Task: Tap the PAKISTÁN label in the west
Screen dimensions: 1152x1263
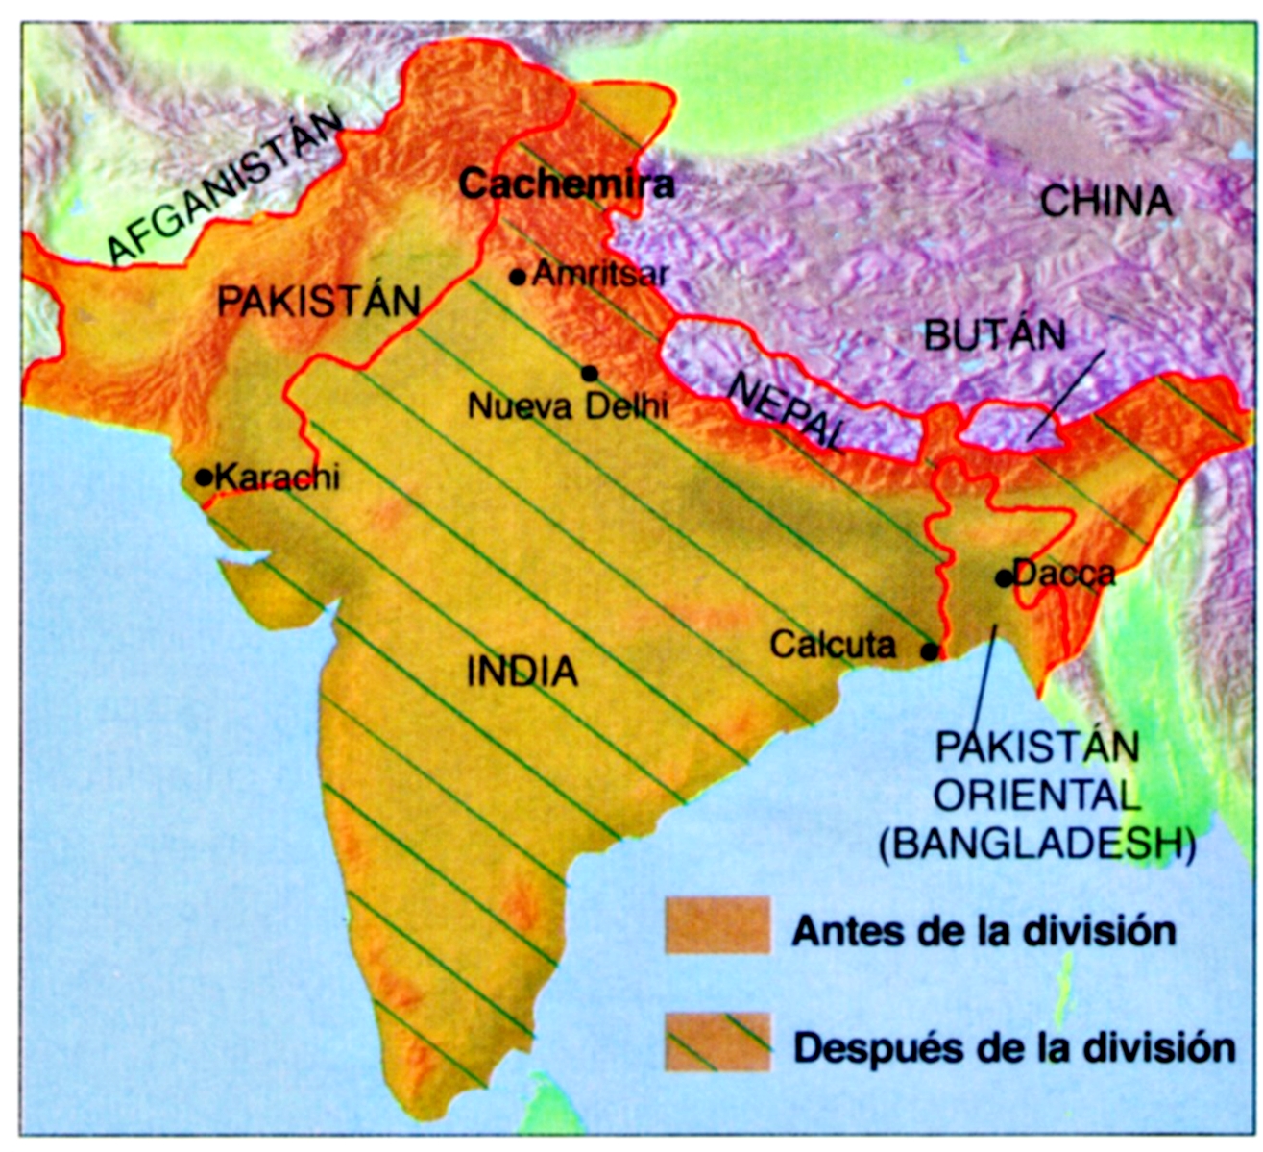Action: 319,301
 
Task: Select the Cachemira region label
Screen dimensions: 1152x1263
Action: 566,184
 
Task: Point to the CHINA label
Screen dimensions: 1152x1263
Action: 1106,202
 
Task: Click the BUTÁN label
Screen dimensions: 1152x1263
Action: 994,335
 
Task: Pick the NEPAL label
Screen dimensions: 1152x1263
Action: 788,412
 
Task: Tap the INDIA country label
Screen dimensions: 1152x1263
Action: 522,672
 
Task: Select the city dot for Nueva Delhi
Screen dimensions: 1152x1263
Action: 590,373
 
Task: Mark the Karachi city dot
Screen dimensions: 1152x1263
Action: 204,477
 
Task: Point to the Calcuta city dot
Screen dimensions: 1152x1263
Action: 930,651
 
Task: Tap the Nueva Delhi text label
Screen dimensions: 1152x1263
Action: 568,405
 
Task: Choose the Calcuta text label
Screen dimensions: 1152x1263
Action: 832,645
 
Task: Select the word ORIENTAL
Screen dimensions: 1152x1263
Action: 1036,796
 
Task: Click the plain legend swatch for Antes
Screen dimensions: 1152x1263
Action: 717,925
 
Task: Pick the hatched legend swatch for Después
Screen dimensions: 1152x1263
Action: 717,1042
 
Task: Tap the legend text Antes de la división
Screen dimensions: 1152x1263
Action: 984,931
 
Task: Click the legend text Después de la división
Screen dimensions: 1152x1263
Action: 1014,1046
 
